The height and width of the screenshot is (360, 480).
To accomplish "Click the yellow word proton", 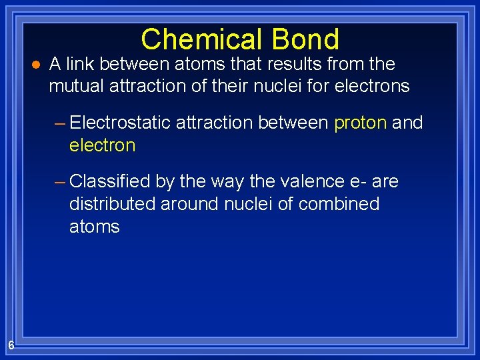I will (360, 123).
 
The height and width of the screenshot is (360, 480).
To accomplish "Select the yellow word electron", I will (102, 146).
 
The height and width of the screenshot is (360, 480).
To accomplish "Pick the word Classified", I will (109, 181).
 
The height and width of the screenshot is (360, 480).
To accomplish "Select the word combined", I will (339, 204).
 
